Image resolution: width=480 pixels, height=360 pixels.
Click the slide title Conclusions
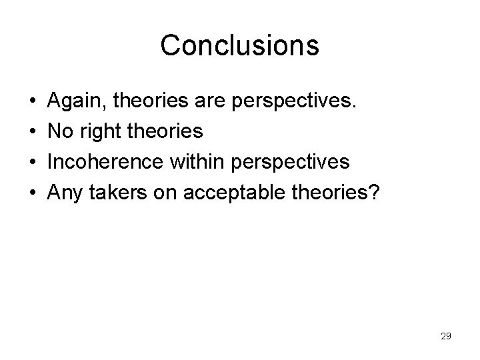click(x=240, y=45)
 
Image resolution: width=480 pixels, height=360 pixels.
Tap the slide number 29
click(x=445, y=336)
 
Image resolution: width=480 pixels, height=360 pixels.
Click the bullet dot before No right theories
click(x=33, y=132)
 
